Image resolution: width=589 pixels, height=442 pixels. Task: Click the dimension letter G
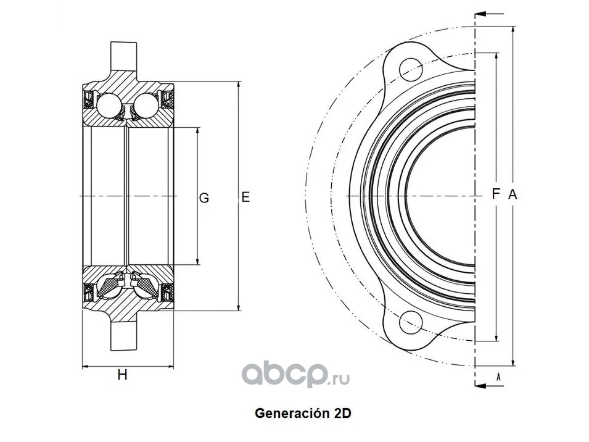[204, 198]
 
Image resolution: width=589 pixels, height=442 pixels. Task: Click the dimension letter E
[245, 198]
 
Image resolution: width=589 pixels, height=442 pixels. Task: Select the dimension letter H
[123, 375]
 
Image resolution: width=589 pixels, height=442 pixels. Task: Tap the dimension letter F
[495, 194]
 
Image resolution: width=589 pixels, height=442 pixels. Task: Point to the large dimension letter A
[512, 194]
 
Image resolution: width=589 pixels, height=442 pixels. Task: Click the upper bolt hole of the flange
[410, 67]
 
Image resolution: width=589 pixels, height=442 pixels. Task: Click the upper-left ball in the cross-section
[110, 104]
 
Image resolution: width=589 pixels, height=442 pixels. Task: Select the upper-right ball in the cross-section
[146, 104]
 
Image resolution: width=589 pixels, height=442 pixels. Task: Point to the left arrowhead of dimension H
[85, 367]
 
